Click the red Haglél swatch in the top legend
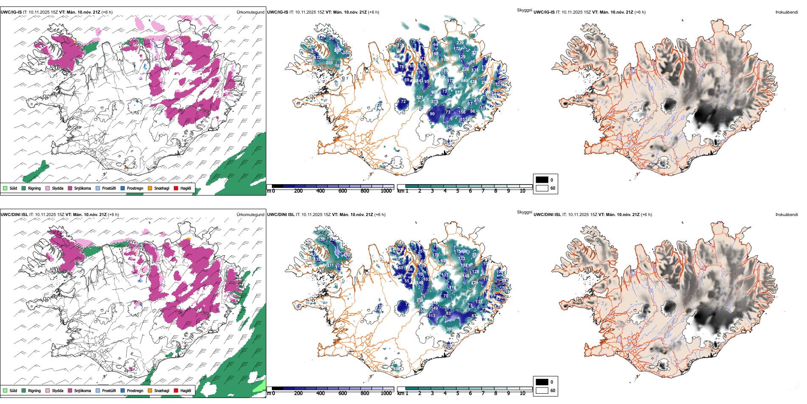175,188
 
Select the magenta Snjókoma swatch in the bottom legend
70,390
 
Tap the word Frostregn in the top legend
135,188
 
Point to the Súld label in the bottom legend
13,390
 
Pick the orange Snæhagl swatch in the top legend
150,188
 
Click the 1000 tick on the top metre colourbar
386,191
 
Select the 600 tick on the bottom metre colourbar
343,393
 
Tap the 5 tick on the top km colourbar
457,191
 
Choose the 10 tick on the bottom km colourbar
522,393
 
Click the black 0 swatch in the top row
542,180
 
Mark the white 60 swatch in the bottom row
542,390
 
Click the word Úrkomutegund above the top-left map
250,12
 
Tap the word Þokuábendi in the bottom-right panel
787,214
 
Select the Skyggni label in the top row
524,10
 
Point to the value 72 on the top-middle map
403,102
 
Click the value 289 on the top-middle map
329,63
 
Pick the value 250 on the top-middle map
449,127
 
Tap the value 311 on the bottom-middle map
330,265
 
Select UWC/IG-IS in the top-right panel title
544,12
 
